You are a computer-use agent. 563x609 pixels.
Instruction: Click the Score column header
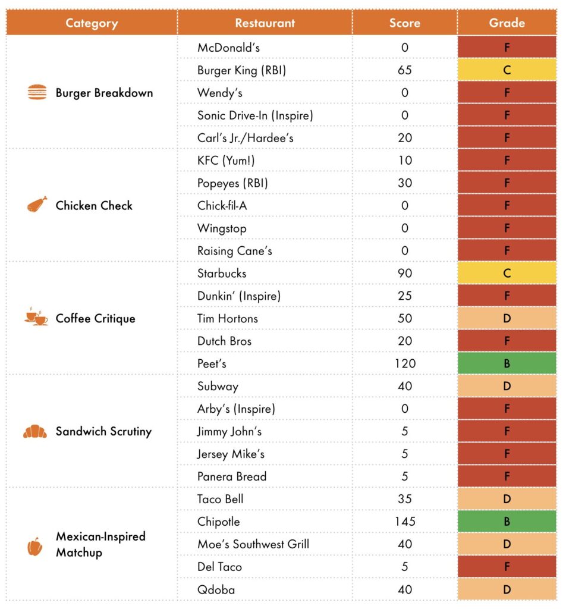[404, 23]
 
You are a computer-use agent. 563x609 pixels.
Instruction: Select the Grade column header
[507, 23]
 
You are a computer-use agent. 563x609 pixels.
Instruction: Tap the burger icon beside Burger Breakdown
[37, 93]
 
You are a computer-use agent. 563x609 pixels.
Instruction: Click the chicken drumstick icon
[36, 205]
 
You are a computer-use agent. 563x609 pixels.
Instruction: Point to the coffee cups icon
[36, 318]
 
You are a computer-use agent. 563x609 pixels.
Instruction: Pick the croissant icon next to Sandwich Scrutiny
[35, 431]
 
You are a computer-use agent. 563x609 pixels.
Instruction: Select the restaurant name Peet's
[212, 363]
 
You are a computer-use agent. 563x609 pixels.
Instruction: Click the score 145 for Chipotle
[405, 522]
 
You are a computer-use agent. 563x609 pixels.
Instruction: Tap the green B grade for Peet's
[507, 363]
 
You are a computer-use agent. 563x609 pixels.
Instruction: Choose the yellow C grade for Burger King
[507, 70]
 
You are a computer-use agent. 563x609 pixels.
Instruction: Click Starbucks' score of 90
[405, 274]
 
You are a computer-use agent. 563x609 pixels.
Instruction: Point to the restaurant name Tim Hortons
[228, 318]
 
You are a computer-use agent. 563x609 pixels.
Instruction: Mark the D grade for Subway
[507, 386]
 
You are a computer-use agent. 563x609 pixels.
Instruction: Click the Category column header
[92, 23]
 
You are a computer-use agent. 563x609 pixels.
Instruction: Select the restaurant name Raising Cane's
[234, 251]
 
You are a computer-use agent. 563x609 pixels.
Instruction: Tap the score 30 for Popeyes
[405, 183]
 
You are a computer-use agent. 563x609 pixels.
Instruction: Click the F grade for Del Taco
[507, 567]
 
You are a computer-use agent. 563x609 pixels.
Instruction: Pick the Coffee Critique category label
[95, 318]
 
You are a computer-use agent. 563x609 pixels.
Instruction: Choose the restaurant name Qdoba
[216, 589]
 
